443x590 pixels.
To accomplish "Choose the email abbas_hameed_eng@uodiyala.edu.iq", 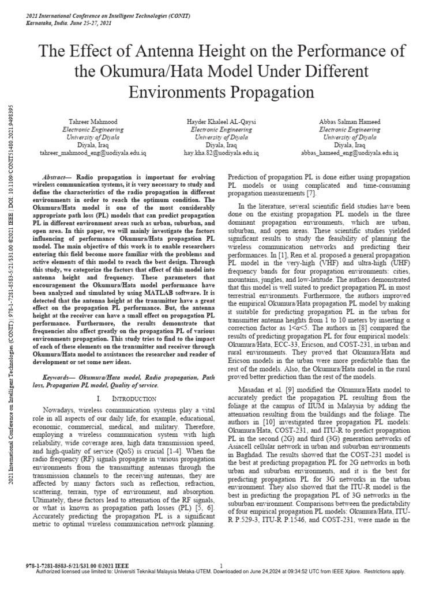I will coord(350,153).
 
